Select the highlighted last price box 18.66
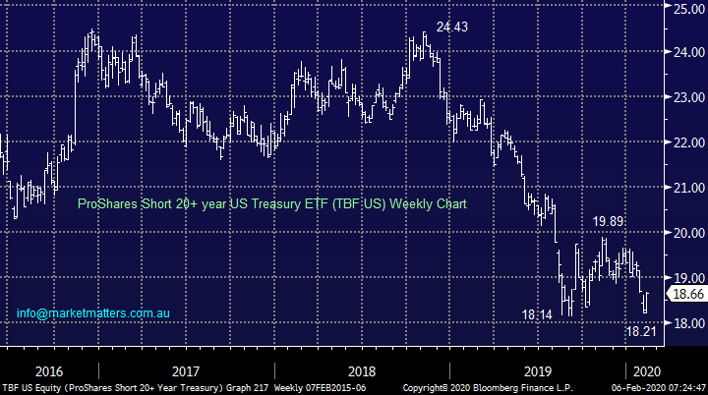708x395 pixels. (x=685, y=294)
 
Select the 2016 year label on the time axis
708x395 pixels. (x=47, y=371)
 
